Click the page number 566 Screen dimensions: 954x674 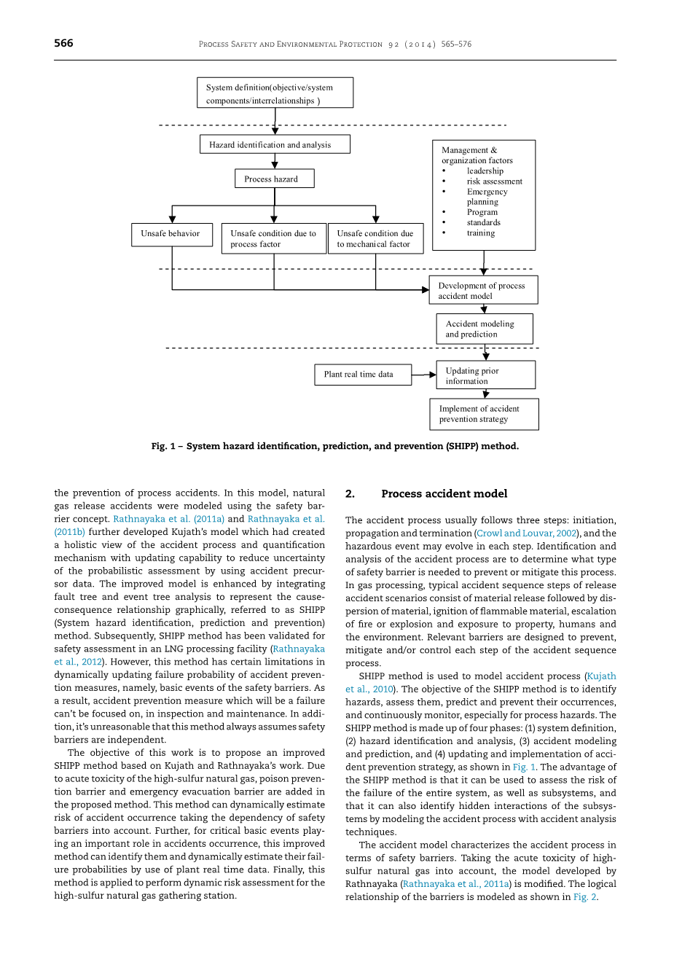point(63,44)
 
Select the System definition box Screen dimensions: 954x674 point(275,93)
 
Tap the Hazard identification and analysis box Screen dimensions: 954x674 point(275,144)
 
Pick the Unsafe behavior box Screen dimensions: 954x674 point(171,234)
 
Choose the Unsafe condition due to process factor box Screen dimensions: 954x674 point(273,239)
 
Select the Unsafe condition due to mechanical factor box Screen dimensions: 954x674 point(375,239)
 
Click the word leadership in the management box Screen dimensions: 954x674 point(485,171)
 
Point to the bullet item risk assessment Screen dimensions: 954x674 point(494,181)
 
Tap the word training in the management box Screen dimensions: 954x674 point(481,233)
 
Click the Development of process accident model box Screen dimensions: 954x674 point(483,290)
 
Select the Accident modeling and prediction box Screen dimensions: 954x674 point(484,329)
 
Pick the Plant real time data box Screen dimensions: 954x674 point(362,375)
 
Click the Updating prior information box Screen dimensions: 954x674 point(485,375)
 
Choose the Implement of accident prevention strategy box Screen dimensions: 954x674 point(484,414)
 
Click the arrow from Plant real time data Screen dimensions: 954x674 point(423,375)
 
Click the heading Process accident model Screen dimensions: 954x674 point(444,494)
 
